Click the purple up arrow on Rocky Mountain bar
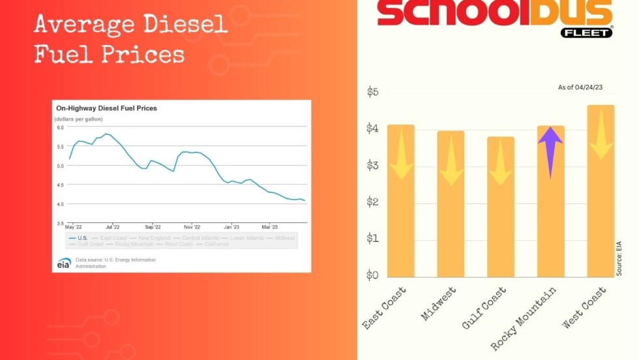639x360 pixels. pyautogui.click(x=550, y=151)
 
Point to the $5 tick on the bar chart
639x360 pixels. pyautogui.click(x=372, y=92)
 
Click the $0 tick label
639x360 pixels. pyautogui.click(x=372, y=275)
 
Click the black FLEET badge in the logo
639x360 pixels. pyautogui.click(x=586, y=32)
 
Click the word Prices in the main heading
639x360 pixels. pyautogui.click(x=138, y=54)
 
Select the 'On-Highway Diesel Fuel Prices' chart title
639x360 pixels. pyautogui.click(x=106, y=108)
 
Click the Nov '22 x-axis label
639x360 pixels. pyautogui.click(x=192, y=228)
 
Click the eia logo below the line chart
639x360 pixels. pyautogui.click(x=63, y=263)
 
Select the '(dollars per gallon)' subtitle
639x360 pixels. pyautogui.click(x=78, y=119)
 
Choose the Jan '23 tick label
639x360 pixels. pyautogui.click(x=231, y=228)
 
